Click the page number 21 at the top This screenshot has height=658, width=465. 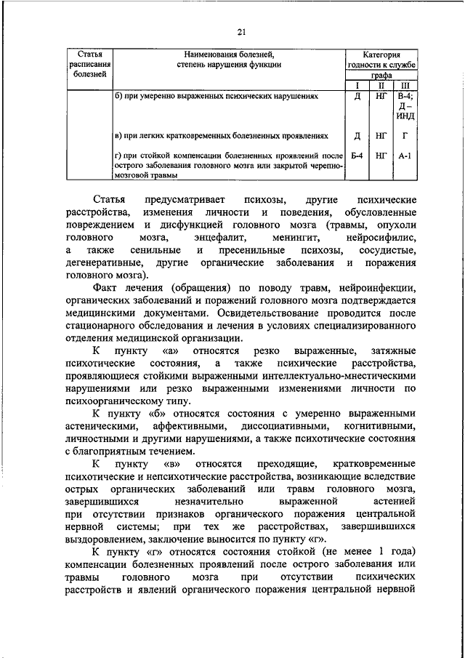pos(242,30)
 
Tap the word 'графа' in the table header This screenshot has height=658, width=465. pos(381,75)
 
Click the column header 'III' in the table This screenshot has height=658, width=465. pos(405,85)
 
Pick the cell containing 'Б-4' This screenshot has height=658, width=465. pos(356,155)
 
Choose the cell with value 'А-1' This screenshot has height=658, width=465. pos(405,155)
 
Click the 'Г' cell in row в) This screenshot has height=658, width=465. pos(405,135)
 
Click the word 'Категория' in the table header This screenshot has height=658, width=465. pos(381,55)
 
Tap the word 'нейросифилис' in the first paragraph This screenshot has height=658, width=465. pos(380,237)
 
